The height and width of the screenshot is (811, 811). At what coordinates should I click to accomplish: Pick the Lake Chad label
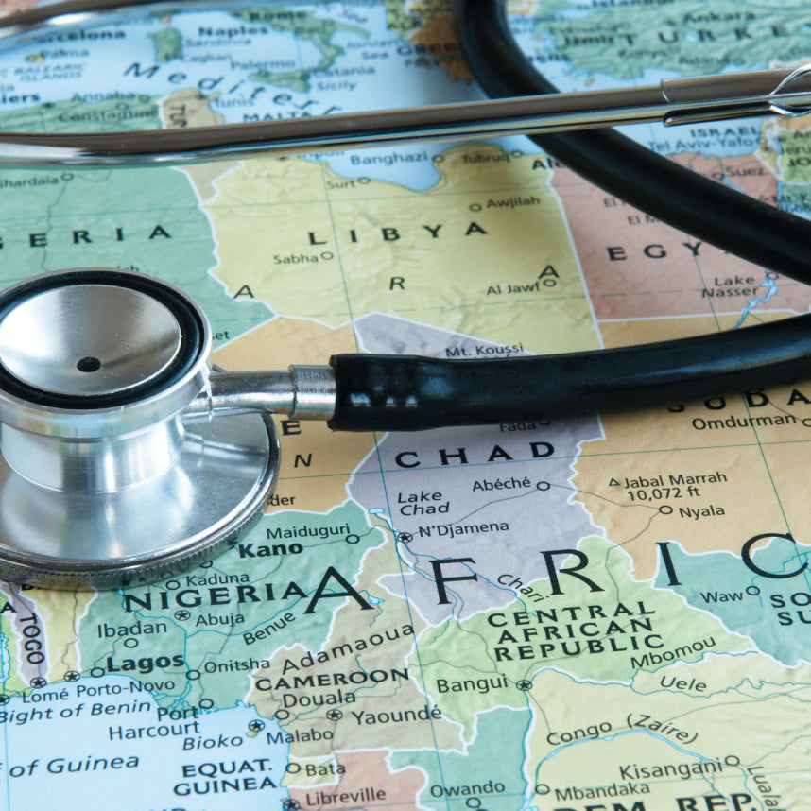click(x=423, y=504)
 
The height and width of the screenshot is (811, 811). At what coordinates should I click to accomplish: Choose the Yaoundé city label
click(x=395, y=716)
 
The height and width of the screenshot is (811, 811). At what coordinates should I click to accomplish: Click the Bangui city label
click(x=471, y=683)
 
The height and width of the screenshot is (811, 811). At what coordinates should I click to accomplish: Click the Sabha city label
click(x=296, y=257)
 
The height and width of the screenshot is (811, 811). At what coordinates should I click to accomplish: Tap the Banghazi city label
click(x=388, y=159)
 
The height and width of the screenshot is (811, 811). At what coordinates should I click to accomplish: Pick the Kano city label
click(x=270, y=549)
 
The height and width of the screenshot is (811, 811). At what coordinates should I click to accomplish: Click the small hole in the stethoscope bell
click(x=89, y=364)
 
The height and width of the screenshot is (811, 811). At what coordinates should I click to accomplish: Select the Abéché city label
click(x=501, y=483)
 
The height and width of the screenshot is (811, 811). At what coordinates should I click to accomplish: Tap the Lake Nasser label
click(x=734, y=285)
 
